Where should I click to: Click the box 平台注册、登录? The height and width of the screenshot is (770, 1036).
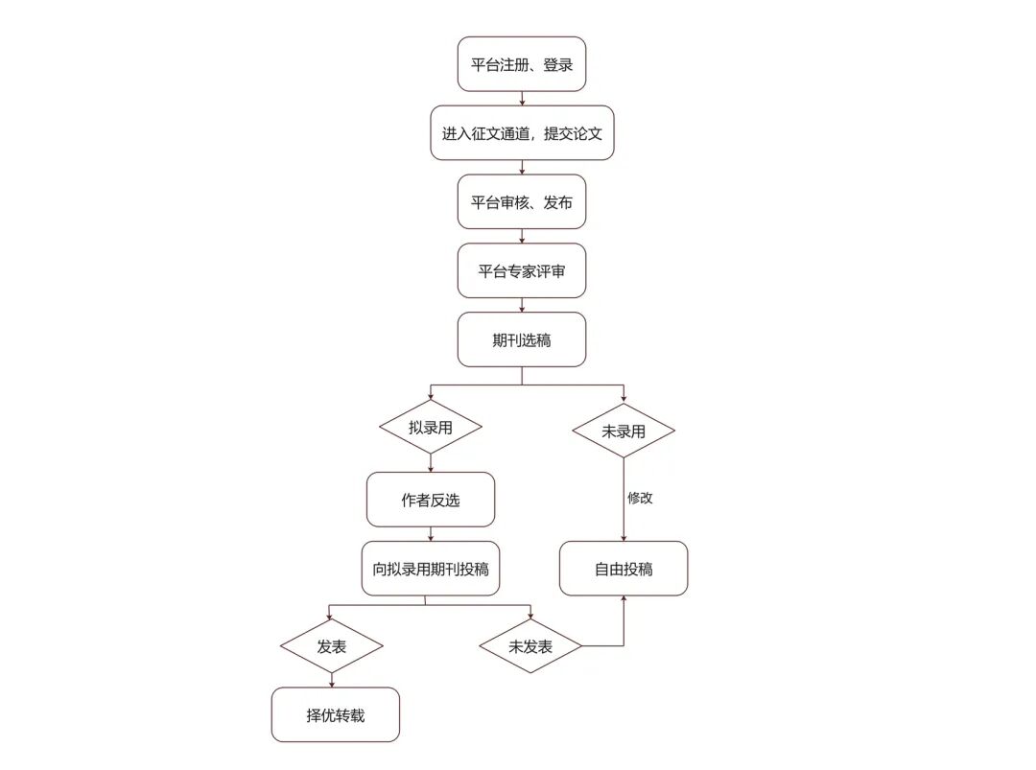click(521, 64)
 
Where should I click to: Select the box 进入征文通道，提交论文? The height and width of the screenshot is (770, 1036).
click(521, 133)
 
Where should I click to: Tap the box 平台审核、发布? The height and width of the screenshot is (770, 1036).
click(521, 202)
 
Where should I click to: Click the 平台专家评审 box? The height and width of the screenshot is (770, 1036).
click(521, 270)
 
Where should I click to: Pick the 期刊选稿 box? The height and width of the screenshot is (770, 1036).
click(521, 339)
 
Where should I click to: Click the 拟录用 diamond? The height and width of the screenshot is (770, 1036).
click(430, 429)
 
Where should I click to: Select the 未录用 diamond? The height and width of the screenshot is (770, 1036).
click(624, 431)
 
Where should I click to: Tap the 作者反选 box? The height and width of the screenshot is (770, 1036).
click(430, 500)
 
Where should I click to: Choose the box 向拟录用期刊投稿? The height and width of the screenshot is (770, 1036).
click(430, 569)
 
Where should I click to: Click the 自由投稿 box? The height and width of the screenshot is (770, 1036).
click(624, 569)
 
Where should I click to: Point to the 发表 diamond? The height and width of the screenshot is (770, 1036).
click(331, 645)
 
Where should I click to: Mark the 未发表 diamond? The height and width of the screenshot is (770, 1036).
click(530, 645)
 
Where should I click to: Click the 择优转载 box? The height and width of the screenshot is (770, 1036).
click(335, 714)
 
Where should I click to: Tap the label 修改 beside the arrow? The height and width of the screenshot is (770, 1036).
click(640, 499)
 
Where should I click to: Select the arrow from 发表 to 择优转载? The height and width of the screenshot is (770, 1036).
click(331, 680)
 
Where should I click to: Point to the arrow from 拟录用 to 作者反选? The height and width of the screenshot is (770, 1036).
click(430, 462)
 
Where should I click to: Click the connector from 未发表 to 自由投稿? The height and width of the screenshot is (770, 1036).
click(614, 645)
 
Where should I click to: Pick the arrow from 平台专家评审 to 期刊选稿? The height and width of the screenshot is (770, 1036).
click(521, 305)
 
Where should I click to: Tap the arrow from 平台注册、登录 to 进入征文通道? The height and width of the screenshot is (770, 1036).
click(521, 99)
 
